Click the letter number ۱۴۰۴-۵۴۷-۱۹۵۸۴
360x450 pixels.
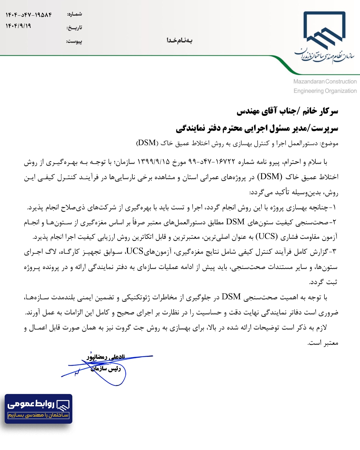(x=29, y=15)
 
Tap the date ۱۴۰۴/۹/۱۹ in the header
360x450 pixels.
(x=18, y=26)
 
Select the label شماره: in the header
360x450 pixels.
(x=74, y=14)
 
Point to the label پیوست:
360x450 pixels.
(x=74, y=41)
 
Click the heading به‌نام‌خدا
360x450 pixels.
(x=179, y=40)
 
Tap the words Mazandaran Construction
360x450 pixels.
(x=325, y=81)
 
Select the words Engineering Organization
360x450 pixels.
(x=325, y=91)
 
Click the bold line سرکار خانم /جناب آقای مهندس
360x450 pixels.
(x=287, y=111)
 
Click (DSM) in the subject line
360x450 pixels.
(x=147, y=143)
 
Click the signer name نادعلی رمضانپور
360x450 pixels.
(x=106, y=357)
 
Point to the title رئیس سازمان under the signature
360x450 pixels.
(x=106, y=368)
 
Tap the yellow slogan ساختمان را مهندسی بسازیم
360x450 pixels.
(x=38, y=415)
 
